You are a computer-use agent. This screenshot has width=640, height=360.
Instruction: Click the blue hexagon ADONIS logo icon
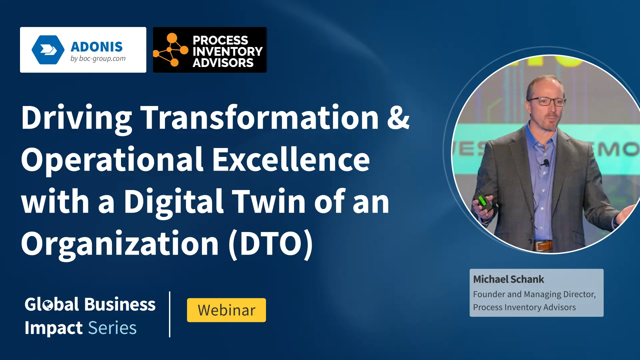(x=48, y=50)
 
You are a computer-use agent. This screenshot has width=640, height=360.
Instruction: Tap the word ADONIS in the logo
(x=97, y=47)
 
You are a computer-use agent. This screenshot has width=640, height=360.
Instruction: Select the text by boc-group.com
(x=98, y=59)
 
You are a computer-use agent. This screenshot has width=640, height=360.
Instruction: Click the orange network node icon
(x=171, y=50)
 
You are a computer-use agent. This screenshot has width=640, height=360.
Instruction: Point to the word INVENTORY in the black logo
(x=228, y=51)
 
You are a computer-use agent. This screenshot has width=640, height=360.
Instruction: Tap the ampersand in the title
(x=398, y=117)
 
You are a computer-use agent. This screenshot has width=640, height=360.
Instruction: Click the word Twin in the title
(x=269, y=201)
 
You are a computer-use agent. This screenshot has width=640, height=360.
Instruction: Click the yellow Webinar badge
(x=226, y=310)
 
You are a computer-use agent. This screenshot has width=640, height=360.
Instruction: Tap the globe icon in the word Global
(x=48, y=305)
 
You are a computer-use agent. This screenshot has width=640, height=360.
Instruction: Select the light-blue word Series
(x=112, y=328)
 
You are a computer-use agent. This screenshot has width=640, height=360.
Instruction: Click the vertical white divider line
(x=170, y=314)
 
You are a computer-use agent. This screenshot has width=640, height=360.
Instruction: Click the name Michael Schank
(x=508, y=279)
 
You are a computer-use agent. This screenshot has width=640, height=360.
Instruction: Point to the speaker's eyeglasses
(x=547, y=101)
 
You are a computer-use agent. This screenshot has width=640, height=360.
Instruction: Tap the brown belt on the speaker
(x=543, y=246)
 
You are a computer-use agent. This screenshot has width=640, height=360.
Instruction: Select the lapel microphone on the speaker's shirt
(x=546, y=163)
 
